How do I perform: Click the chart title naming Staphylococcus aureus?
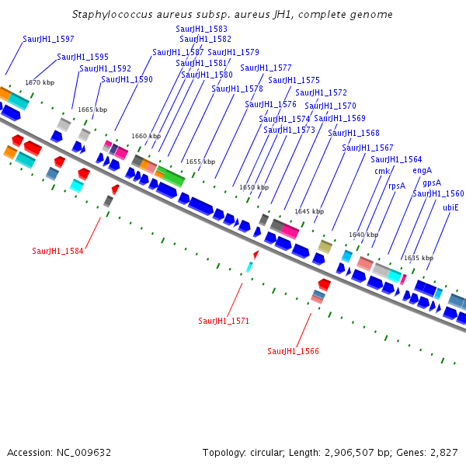[232, 15]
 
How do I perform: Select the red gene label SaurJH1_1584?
[57, 251]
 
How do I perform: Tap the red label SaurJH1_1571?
[224, 321]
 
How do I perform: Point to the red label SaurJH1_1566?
[293, 351]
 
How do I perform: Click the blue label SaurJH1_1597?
[48, 39]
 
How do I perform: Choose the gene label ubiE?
[450, 207]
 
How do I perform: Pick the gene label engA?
[422, 170]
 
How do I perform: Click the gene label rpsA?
[397, 186]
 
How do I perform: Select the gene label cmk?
[381, 171]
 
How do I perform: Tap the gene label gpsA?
[432, 183]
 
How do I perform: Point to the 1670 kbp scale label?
[40, 82]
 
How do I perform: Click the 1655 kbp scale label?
[200, 162]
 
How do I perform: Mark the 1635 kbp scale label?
[419, 258]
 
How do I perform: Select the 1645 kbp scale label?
[308, 211]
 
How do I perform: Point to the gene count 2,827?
[443, 452]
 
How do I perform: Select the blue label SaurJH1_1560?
[438, 194]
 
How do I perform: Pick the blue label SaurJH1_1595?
[82, 57]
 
